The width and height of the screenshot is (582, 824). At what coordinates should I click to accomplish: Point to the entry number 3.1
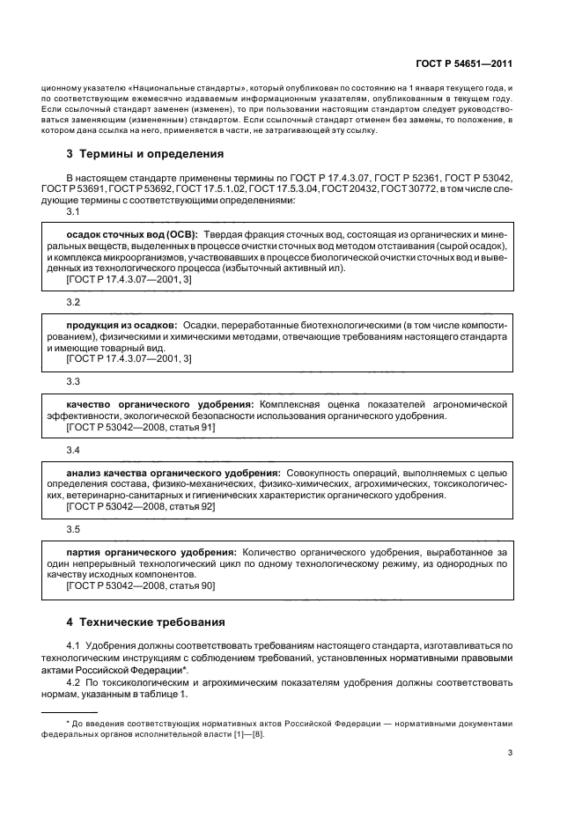pyautogui.click(x=74, y=212)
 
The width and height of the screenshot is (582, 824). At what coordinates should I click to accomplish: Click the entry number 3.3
pyautogui.click(x=74, y=381)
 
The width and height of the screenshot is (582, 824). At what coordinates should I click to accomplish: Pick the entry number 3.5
pyautogui.click(x=74, y=529)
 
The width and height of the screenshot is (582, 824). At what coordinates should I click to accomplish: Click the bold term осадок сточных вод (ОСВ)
pyautogui.click(x=131, y=235)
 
